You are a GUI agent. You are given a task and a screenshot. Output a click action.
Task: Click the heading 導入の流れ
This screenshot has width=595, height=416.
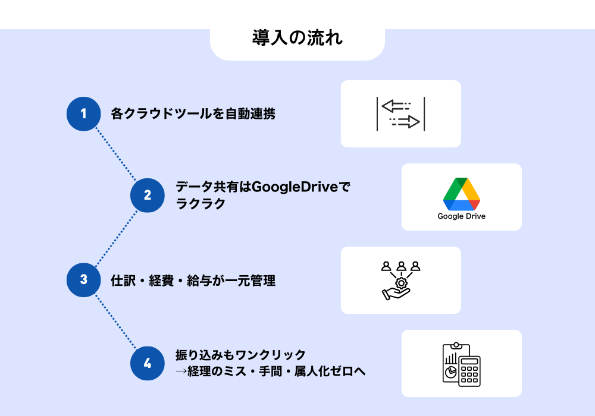click(297, 39)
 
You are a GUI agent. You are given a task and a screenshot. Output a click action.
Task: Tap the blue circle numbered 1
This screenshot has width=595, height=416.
click(83, 114)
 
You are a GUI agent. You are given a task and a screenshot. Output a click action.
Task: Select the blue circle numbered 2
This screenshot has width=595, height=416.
click(147, 196)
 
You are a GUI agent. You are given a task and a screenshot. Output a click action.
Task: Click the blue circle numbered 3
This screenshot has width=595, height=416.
click(83, 280)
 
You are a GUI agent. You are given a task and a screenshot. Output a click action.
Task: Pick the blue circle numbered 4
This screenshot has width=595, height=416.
click(147, 363)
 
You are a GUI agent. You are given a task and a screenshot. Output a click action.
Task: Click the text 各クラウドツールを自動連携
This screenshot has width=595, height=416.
click(193, 114)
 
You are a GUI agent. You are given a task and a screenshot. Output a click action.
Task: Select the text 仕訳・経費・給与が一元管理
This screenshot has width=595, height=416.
click(193, 281)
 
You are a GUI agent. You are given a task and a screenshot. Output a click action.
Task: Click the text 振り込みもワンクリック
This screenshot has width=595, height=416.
click(240, 355)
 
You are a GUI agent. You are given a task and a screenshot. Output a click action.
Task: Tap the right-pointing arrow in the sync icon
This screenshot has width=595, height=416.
click(406, 122)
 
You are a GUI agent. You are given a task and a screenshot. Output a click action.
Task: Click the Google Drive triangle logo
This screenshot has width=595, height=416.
click(461, 193)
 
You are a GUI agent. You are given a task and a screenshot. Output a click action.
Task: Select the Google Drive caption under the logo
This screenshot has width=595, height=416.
click(461, 216)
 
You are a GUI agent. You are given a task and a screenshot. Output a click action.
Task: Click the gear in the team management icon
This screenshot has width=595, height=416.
click(402, 283)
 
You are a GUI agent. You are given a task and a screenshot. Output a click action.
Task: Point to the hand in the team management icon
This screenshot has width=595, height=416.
click(393, 294)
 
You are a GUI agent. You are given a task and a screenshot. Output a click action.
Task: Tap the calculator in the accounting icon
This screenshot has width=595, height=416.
click(469, 371)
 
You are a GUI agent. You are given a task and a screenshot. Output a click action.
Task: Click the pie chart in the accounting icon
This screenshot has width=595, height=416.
click(450, 372)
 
